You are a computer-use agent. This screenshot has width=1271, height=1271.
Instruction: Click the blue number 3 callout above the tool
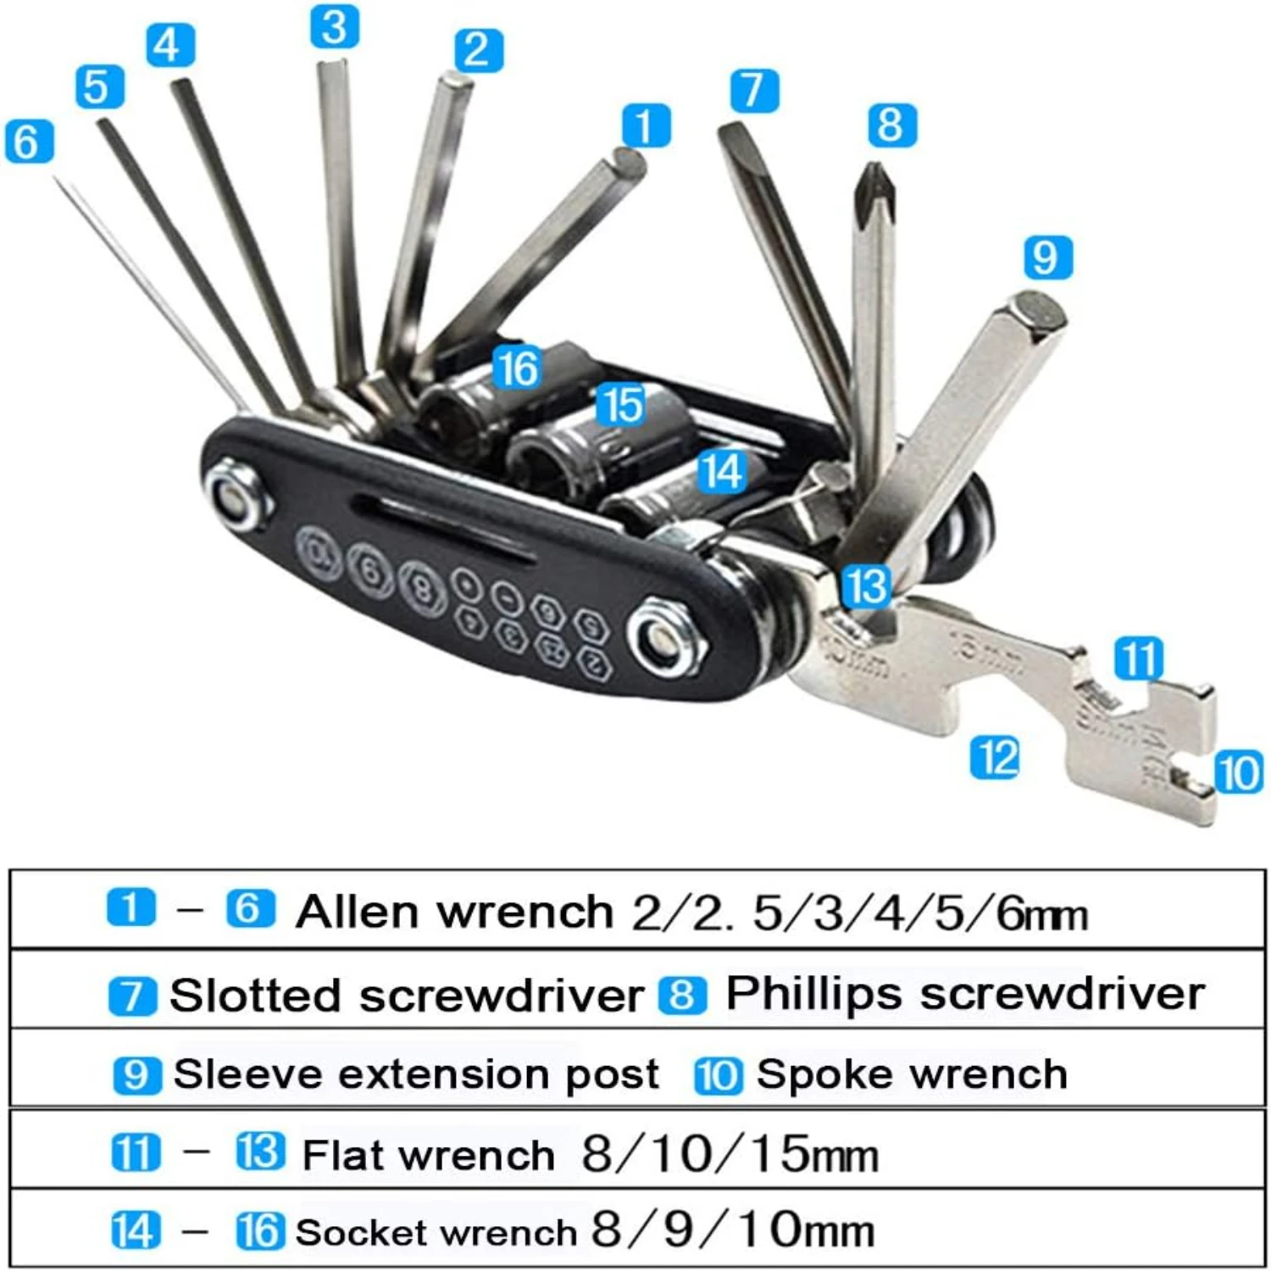click(334, 26)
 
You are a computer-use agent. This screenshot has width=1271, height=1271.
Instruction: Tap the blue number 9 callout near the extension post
click(1047, 257)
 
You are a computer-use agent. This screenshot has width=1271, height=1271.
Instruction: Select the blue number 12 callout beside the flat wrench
click(995, 757)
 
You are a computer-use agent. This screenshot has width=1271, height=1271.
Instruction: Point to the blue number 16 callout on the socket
click(517, 369)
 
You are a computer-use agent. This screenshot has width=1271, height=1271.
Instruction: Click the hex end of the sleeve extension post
click(1041, 309)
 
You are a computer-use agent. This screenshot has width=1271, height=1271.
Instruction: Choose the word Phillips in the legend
click(813, 993)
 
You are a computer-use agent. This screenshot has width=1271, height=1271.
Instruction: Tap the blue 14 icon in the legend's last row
click(135, 1231)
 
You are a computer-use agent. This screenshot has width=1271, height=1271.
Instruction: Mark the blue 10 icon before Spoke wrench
click(719, 1075)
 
